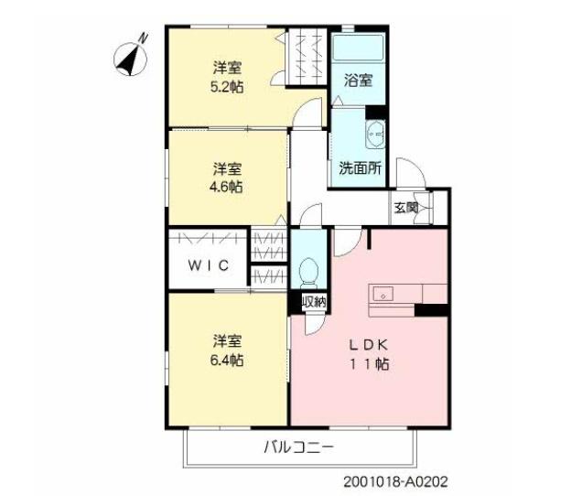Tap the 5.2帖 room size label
click(228, 87)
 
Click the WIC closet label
click(208, 265)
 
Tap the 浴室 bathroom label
click(358, 81)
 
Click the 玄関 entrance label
click(406, 208)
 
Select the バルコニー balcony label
click(298, 448)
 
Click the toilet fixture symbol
click(309, 272)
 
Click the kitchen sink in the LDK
click(381, 295)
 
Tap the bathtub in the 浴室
click(357, 49)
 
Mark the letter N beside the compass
click(143, 39)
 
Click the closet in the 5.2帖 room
click(307, 57)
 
